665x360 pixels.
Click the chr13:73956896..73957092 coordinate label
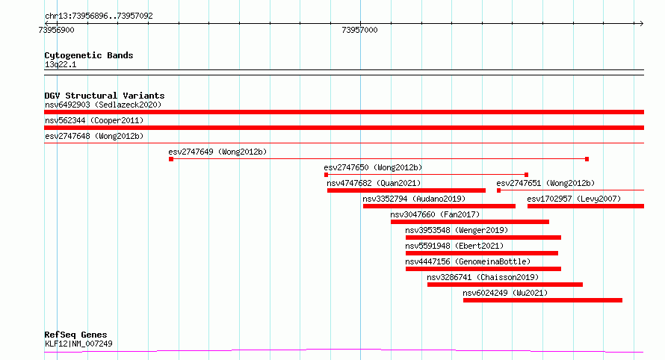click(x=99, y=16)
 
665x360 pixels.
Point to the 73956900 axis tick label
click(x=56, y=30)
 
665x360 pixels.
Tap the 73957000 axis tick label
click(x=359, y=30)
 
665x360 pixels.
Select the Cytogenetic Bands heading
click(x=89, y=55)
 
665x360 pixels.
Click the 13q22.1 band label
click(x=61, y=65)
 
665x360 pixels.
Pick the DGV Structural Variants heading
click(x=105, y=96)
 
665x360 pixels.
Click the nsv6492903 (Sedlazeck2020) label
click(x=103, y=105)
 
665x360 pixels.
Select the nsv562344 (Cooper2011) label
click(x=94, y=120)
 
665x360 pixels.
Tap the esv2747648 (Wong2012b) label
click(x=94, y=136)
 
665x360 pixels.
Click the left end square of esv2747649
click(x=171, y=159)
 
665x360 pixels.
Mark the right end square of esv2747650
click(x=526, y=175)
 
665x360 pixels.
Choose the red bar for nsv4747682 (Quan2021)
click(x=406, y=190)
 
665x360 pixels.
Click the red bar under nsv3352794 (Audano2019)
click(x=439, y=206)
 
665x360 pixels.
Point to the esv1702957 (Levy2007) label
click(x=574, y=199)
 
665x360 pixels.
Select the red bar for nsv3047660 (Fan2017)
click(x=470, y=222)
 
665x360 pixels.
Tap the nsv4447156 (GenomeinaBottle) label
click(x=468, y=261)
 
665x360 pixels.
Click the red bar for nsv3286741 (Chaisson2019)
click(x=505, y=285)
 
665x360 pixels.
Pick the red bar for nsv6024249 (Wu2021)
click(x=543, y=300)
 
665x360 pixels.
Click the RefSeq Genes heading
click(x=75, y=335)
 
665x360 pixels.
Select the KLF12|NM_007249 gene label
click(x=79, y=344)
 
